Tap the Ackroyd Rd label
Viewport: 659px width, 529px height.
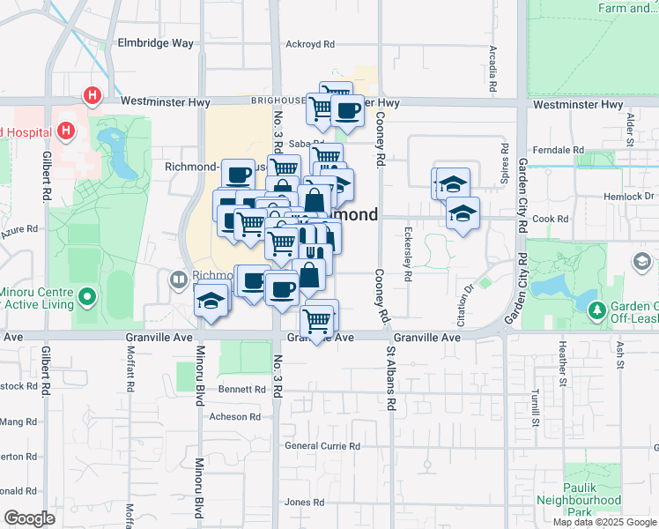tap(310, 43)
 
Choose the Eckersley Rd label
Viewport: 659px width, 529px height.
tap(408, 256)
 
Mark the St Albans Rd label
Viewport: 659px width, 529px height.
tap(389, 379)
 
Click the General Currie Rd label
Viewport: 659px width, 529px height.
tap(323, 446)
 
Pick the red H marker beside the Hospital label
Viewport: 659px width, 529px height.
tap(64, 132)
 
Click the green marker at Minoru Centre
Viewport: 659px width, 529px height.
tap(85, 298)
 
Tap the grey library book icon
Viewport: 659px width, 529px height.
tap(179, 280)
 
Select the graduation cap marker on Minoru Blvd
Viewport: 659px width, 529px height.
tap(211, 301)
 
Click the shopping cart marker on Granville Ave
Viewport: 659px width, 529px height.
tap(316, 320)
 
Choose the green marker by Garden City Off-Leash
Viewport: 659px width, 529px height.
tap(597, 309)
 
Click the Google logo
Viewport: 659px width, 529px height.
tap(28, 518)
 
